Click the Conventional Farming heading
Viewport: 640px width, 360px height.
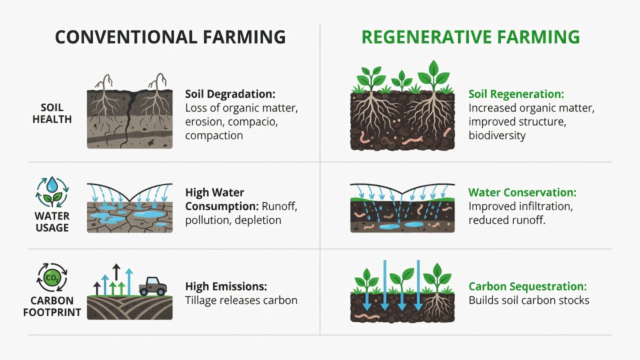click(170, 37)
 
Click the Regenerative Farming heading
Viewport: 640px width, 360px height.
click(470, 37)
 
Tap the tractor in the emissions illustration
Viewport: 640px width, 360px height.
click(153, 286)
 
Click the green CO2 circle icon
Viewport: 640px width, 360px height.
click(52, 277)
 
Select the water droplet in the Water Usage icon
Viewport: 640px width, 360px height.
click(52, 184)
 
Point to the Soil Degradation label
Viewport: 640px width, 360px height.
click(230, 94)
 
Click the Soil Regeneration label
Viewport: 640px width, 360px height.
click(516, 94)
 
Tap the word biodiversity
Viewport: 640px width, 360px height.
click(497, 135)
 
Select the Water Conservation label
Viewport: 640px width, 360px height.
click(522, 192)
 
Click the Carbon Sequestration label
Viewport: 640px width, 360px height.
click(527, 286)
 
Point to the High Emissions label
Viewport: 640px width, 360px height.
click(226, 286)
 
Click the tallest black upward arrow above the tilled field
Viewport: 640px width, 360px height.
click(116, 272)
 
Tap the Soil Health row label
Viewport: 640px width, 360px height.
click(52, 113)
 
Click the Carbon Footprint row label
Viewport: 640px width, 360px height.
click(52, 306)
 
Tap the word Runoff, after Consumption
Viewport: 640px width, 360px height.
click(279, 206)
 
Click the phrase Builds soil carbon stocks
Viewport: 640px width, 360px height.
click(529, 300)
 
